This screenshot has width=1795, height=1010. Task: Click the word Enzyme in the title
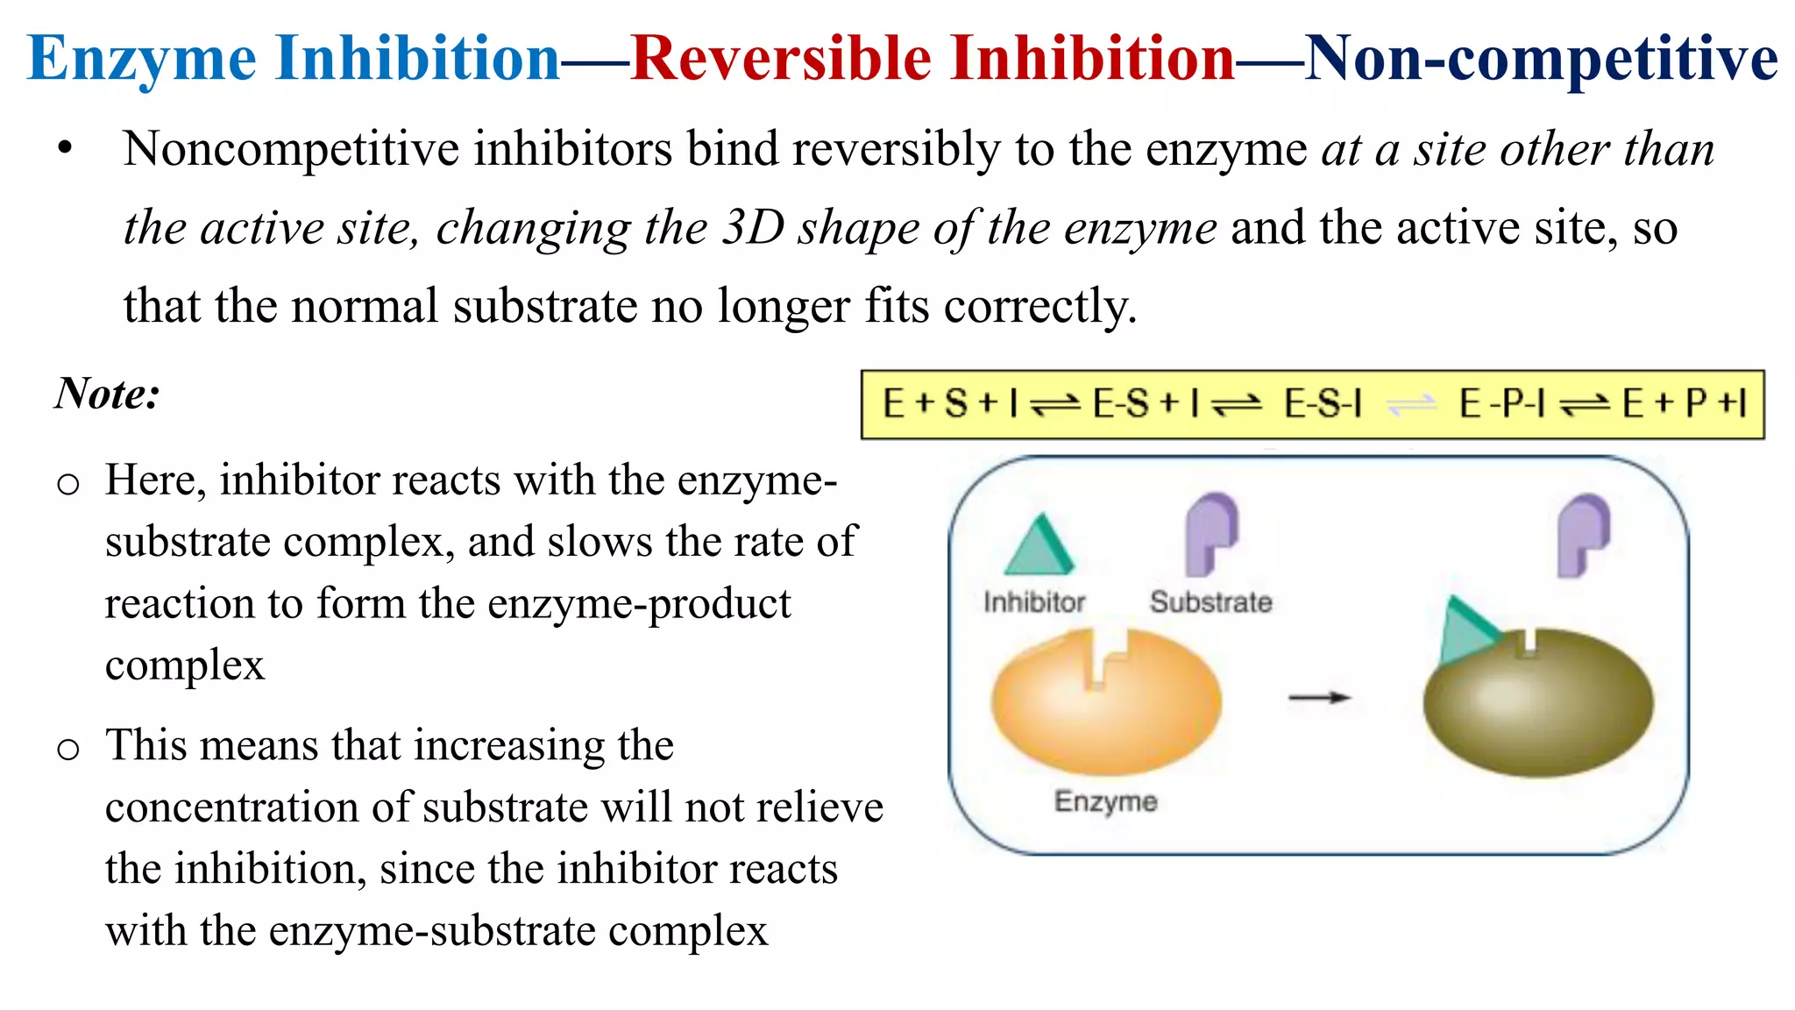point(142,60)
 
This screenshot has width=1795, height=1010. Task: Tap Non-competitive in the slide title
point(1541,60)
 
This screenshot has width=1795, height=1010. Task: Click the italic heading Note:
point(107,393)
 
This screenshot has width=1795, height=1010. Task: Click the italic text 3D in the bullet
point(753,228)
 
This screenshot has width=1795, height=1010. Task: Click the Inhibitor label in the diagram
point(1034,602)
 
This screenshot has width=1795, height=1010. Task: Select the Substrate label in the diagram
point(1210,602)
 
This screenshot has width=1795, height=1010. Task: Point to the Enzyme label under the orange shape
point(1105,801)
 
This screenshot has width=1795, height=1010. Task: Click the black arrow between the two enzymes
point(1319,698)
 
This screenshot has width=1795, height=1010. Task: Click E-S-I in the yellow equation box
point(1323,404)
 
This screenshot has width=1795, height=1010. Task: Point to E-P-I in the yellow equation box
point(1501,404)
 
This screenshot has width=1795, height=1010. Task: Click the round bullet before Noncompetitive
point(65,150)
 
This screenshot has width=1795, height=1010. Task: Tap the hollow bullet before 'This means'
point(68,749)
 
